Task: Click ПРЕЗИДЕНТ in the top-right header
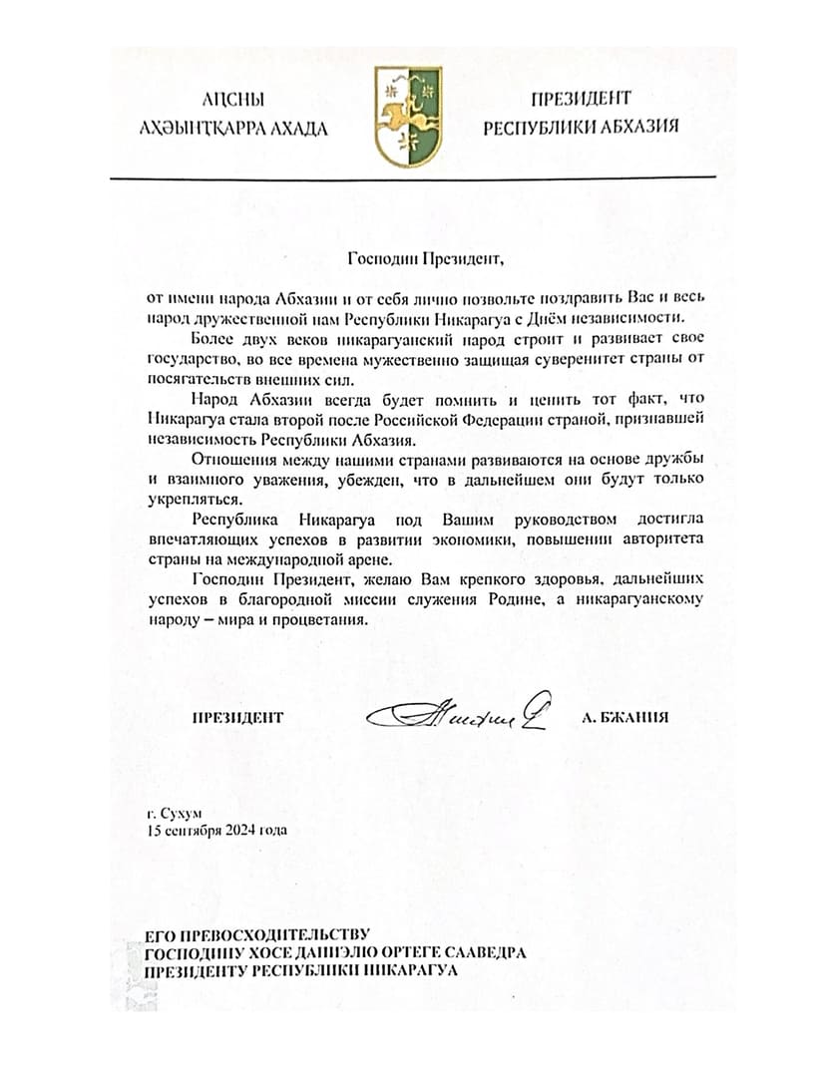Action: tap(582, 99)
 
